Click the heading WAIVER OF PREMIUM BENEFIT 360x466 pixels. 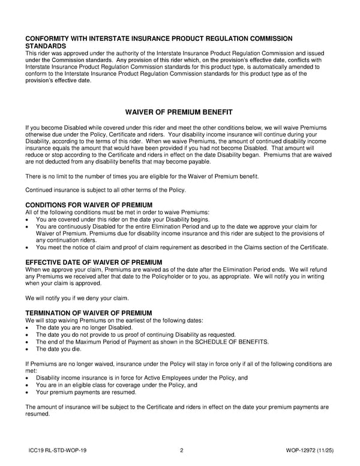[178, 112]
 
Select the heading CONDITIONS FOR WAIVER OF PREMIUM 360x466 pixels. [89, 205]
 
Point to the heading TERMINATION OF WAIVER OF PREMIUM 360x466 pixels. [88, 313]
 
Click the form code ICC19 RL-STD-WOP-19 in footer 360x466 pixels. [61, 450]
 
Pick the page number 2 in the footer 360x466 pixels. [181, 450]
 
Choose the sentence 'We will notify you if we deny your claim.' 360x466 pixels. [85, 298]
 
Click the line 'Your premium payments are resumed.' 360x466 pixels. [86, 392]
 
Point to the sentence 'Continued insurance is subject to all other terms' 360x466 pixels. [106, 190]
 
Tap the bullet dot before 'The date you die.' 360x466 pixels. [28, 349]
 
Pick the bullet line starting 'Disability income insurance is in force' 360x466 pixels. [142, 378]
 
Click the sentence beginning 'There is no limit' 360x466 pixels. [142, 176]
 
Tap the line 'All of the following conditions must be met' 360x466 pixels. [117, 212]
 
